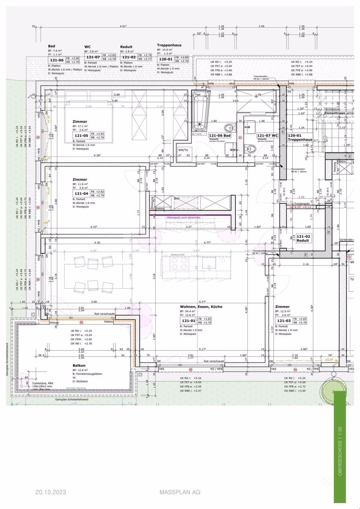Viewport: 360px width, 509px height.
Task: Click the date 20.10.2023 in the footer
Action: click(51, 492)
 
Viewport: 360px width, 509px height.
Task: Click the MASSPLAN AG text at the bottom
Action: click(180, 492)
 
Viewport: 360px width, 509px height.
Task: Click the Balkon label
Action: click(79, 365)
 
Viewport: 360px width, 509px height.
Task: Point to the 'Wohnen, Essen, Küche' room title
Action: click(201, 307)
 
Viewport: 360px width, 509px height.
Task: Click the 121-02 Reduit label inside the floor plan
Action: click(303, 238)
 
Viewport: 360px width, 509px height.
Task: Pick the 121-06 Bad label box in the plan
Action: click(220, 135)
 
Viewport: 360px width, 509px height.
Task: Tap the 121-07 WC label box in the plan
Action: click(267, 135)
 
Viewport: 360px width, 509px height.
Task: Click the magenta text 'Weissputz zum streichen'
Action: click(184, 218)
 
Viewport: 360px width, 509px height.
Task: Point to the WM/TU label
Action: click(183, 150)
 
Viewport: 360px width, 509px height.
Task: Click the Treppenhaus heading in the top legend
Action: click(169, 45)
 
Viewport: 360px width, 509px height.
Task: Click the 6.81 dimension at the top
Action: click(124, 26)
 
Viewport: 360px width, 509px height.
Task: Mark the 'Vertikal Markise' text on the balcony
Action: click(76, 388)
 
